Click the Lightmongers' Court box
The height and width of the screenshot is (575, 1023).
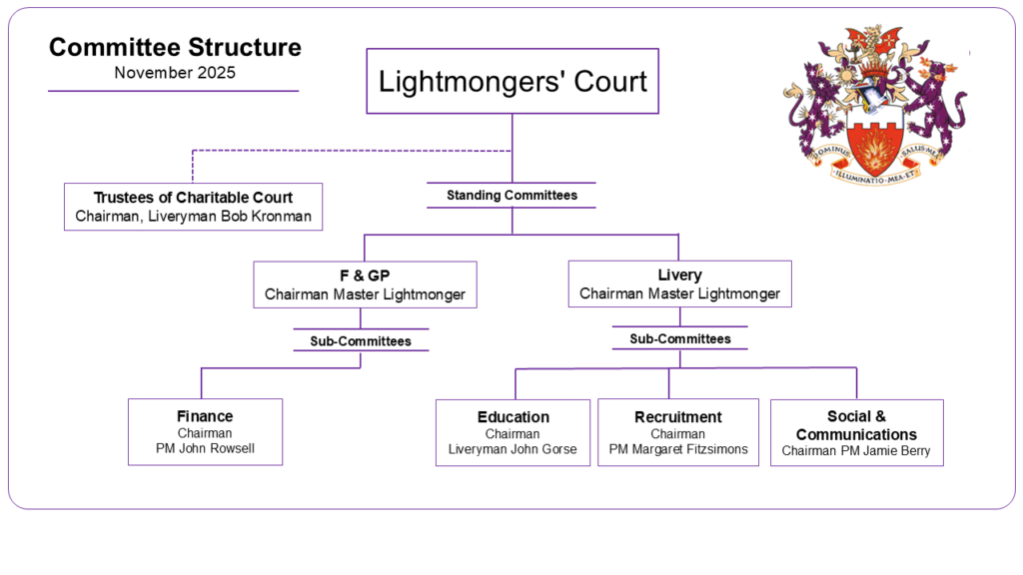[512, 81]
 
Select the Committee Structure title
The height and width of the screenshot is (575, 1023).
[175, 47]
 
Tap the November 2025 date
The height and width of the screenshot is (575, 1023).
[175, 73]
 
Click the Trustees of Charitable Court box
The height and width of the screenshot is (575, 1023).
[193, 207]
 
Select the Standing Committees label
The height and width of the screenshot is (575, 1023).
[511, 196]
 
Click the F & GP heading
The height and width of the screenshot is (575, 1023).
[365, 276]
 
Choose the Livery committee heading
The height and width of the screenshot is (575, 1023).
[679, 275]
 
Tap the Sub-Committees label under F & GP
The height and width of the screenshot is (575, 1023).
[360, 341]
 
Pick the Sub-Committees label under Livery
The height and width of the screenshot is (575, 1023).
[679, 339]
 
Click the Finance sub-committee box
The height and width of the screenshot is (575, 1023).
[205, 431]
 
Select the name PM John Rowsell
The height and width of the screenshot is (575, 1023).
[205, 449]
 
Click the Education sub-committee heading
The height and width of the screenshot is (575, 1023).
[512, 417]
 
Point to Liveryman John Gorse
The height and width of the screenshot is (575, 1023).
[512, 450]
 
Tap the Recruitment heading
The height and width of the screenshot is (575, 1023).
[677, 417]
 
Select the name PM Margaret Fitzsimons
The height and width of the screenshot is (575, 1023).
[677, 450]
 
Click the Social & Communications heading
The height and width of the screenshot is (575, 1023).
[856, 425]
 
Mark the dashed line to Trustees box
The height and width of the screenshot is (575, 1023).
[350, 151]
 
